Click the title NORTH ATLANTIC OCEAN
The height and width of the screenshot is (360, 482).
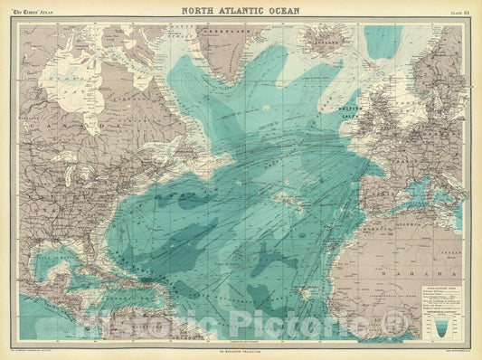click(241, 11)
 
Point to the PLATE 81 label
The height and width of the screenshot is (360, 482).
click(459, 11)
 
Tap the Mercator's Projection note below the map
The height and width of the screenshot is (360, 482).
click(241, 351)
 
